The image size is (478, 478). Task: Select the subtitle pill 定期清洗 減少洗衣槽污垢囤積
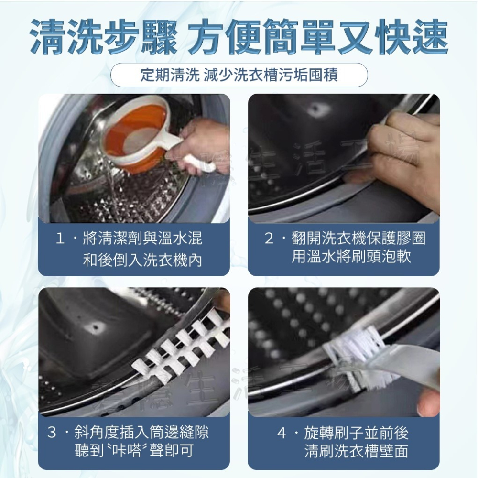(x=239, y=75)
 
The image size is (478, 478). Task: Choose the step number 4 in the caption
(x=282, y=433)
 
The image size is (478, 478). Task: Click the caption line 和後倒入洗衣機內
(x=142, y=260)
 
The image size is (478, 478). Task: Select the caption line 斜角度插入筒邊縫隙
(x=141, y=433)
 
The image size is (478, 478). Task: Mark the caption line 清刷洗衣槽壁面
(x=356, y=451)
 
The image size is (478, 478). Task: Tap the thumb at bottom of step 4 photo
(x=428, y=406)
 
